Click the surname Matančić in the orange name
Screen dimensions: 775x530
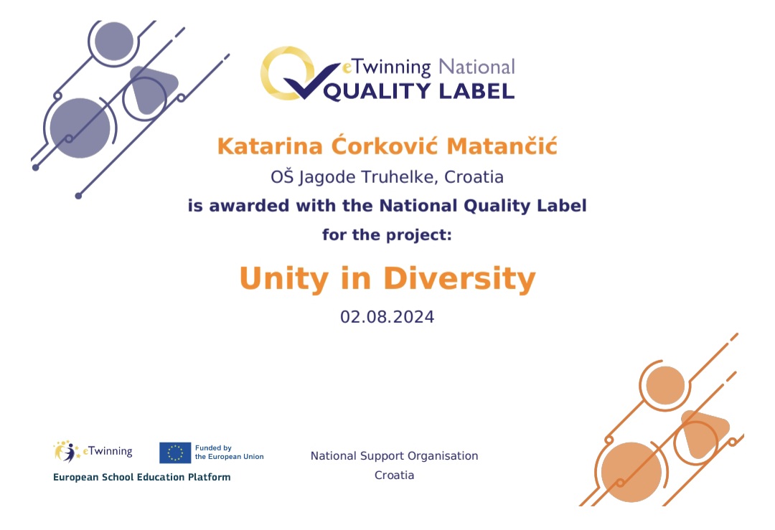click(x=502, y=146)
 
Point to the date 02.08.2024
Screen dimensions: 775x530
click(x=387, y=317)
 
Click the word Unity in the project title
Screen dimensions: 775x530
click(x=283, y=279)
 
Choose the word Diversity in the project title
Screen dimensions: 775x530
click(x=460, y=278)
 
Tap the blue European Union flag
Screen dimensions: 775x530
click(x=175, y=453)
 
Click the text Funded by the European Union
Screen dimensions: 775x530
click(x=230, y=453)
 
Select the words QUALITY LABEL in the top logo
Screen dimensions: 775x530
click(x=418, y=91)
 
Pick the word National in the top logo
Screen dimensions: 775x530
click(x=477, y=67)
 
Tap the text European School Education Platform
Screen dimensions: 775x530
click(x=142, y=477)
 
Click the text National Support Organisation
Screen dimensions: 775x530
click(x=395, y=456)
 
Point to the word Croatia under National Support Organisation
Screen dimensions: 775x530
click(x=395, y=475)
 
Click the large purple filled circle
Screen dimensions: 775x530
click(x=80, y=128)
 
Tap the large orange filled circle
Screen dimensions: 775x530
click(x=631, y=472)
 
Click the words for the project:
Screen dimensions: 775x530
click(x=387, y=235)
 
